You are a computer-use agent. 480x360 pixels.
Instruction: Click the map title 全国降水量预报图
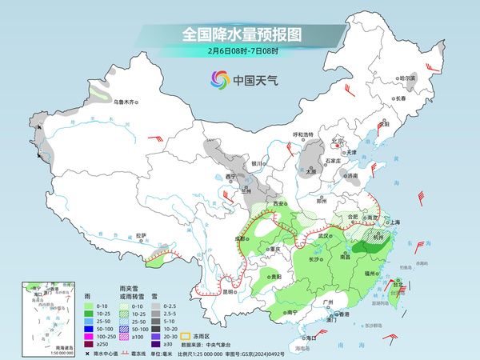(x=240, y=34)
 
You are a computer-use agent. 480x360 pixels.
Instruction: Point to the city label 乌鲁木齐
(x=126, y=102)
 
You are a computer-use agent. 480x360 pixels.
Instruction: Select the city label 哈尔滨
(x=407, y=78)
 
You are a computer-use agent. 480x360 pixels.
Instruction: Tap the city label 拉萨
(x=141, y=235)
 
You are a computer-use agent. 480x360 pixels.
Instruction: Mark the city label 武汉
(x=323, y=236)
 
